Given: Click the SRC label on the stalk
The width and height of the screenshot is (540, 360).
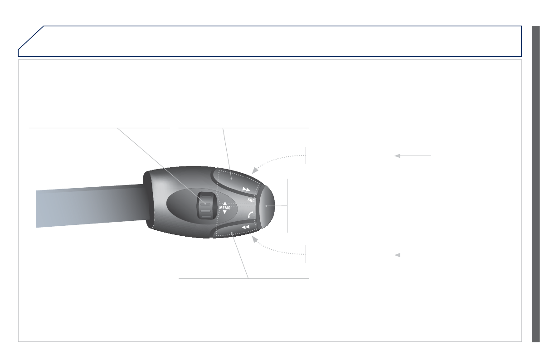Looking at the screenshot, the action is pos(251,200).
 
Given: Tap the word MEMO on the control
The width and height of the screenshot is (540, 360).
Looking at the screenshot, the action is pos(225,208).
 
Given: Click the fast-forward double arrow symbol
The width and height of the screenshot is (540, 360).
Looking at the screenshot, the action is pos(246,190).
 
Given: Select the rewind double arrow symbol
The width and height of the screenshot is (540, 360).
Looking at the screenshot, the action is pos(246,227).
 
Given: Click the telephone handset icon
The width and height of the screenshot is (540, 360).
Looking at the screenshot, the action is pos(251,214).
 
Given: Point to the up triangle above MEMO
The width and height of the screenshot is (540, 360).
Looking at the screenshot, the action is pos(225,204).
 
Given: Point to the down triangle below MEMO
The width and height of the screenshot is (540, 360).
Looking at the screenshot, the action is pos(225,212).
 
